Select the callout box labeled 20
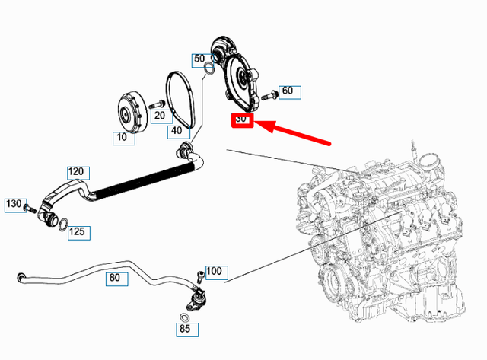[158, 116]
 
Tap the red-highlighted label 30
[242, 119]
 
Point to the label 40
[177, 131]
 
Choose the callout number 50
[199, 59]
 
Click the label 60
[287, 91]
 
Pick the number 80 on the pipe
[114, 278]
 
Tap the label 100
[214, 271]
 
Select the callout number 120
[78, 173]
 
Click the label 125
[78, 231]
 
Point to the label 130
[14, 204]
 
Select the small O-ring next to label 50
[208, 72]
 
